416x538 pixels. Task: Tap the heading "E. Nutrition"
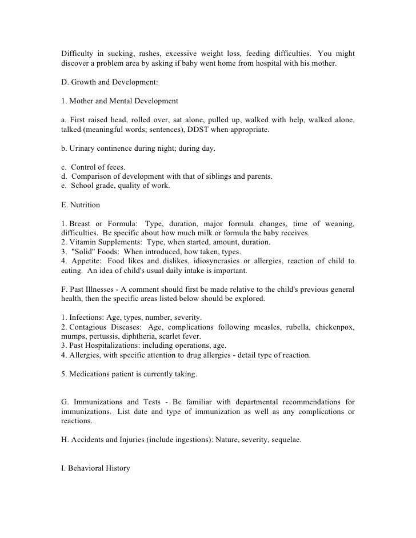81,204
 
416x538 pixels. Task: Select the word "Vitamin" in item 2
84,242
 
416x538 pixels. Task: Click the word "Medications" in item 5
89,374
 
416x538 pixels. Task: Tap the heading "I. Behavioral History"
96,468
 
